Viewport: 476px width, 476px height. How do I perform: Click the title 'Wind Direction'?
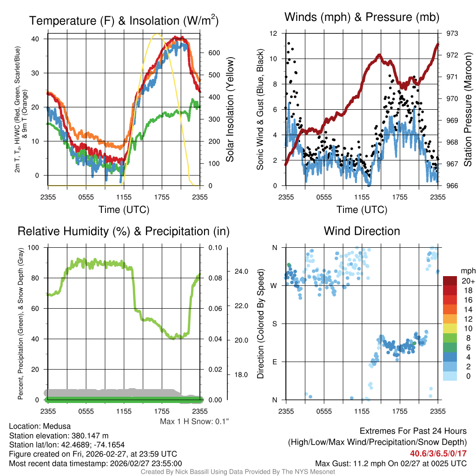(x=362, y=231)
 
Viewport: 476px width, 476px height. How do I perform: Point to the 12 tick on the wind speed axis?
(x=274, y=33)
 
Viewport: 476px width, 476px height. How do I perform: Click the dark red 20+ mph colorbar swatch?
(x=451, y=281)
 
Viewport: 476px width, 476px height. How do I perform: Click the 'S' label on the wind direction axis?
(x=274, y=324)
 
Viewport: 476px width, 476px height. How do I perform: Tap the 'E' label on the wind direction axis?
(x=274, y=362)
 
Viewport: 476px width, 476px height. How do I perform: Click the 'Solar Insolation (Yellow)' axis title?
(x=230, y=110)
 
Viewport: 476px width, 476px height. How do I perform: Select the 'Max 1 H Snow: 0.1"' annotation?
(x=194, y=421)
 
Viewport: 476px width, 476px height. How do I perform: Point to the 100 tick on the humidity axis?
(x=34, y=247)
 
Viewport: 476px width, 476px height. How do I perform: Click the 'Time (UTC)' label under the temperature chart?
(x=124, y=210)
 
